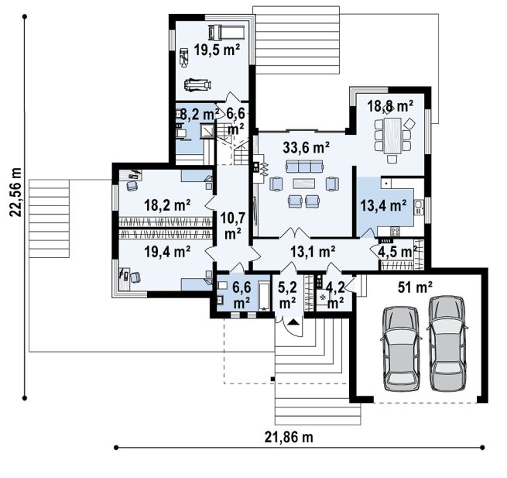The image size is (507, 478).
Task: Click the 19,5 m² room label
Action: [x=217, y=50]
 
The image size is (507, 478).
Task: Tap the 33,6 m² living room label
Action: [x=306, y=147]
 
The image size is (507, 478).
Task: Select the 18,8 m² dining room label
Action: [x=390, y=106]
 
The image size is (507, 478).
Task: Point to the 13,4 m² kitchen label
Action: [x=383, y=205]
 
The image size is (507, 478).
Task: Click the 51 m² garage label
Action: [x=415, y=287]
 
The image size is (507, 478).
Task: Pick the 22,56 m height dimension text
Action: [x=15, y=192]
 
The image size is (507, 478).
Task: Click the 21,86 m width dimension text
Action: [x=289, y=437]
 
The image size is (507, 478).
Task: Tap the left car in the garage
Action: [x=401, y=349]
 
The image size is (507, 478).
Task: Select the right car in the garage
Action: [x=447, y=343]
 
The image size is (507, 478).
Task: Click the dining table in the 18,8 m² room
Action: [x=392, y=136]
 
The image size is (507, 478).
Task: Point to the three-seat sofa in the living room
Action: [x=305, y=167]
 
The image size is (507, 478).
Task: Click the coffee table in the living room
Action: [x=304, y=184]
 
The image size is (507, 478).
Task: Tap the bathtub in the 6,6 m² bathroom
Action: [x=264, y=297]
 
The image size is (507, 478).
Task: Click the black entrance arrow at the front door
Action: [x=293, y=322]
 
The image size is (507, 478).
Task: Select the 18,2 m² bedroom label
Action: [x=167, y=205]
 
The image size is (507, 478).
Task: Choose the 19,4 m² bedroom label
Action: [x=167, y=252]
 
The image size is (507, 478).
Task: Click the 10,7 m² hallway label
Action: [x=232, y=225]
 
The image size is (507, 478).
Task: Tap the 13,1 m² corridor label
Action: [x=313, y=252]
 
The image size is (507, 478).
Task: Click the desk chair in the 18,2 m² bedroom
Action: [x=132, y=186]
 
